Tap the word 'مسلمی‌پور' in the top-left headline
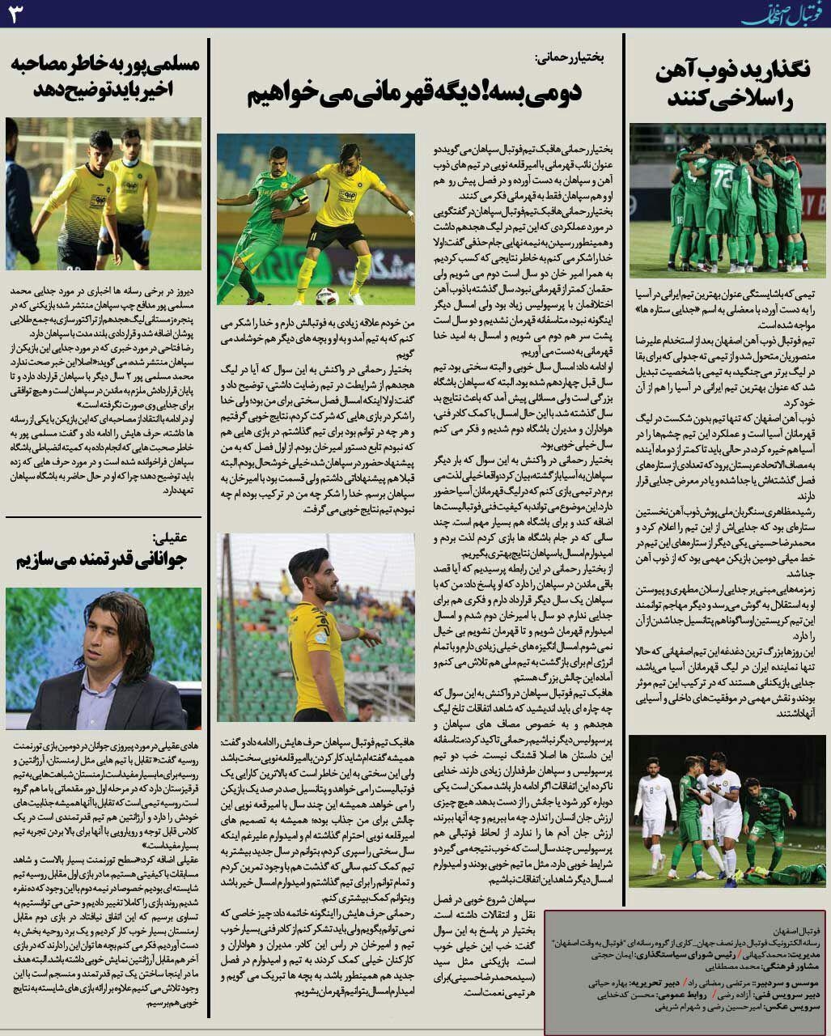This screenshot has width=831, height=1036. click(167, 65)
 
